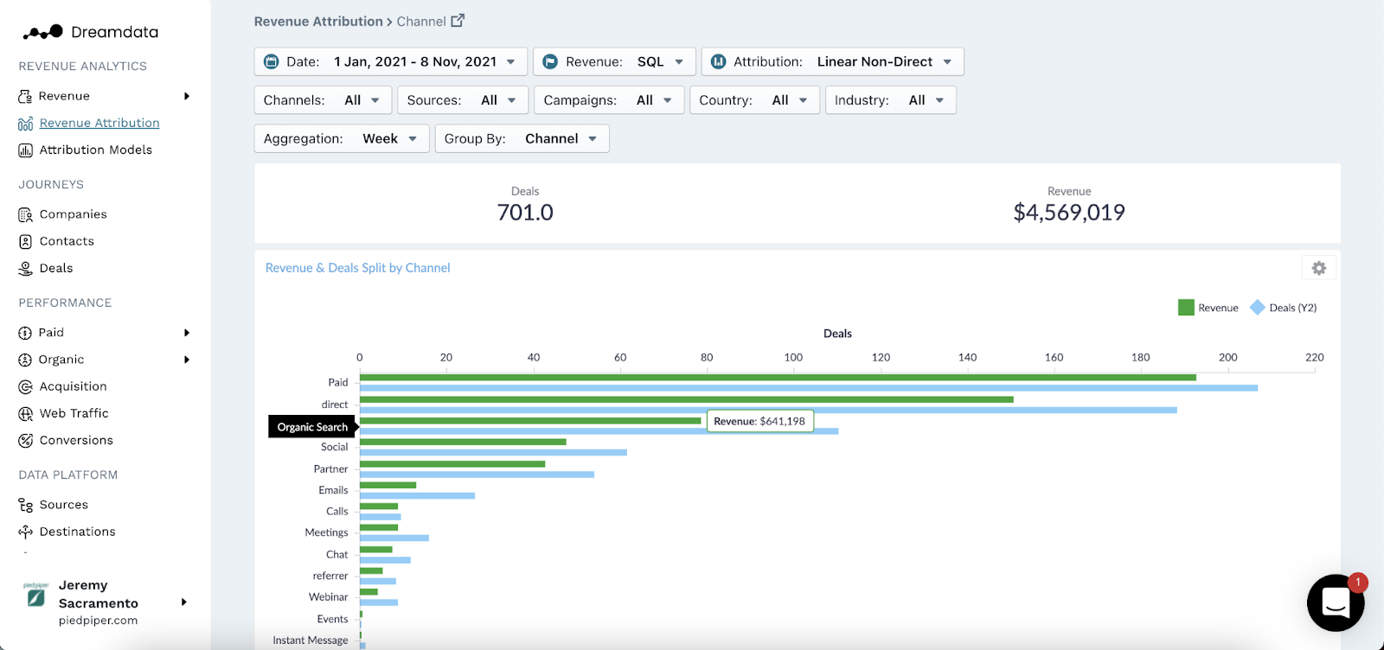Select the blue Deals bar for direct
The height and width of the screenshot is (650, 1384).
768,410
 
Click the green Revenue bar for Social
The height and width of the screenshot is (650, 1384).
463,442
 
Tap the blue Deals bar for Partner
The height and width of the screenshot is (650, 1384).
477,475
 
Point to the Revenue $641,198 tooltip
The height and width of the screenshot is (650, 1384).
759,421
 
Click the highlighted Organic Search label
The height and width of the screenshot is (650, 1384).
312,427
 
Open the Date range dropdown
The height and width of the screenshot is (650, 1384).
391,61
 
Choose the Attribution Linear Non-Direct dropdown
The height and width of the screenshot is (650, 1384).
832,61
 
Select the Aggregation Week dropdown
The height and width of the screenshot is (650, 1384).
341,138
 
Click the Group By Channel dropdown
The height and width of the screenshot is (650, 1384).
521,138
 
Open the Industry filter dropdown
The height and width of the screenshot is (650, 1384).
889,100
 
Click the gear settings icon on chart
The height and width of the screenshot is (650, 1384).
1318,268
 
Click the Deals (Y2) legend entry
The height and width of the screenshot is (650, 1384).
1284,308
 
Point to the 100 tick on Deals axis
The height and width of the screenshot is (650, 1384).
793,357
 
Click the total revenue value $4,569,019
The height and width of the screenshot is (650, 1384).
1068,213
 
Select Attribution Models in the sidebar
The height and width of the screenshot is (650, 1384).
95,150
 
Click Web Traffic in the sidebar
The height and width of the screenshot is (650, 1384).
74,413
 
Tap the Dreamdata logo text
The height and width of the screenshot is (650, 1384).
114,32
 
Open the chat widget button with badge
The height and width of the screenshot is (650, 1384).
1335,602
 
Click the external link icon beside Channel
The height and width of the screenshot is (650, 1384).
458,21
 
